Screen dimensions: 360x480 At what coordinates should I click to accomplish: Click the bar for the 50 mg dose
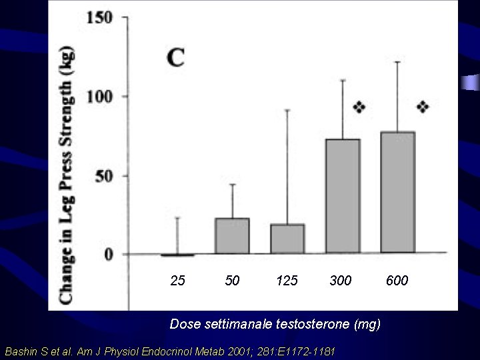232,236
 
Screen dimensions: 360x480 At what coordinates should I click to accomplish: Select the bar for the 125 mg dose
287,239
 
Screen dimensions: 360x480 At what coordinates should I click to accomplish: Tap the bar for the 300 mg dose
342,197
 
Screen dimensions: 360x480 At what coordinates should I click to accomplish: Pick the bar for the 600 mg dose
397,193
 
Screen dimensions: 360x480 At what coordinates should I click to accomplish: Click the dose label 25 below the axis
177,280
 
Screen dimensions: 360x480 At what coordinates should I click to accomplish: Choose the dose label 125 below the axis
287,280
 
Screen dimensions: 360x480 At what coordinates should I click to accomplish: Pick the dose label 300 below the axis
341,280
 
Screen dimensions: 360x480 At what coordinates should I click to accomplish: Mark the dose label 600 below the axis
397,280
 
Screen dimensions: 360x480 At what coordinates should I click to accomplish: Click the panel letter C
176,57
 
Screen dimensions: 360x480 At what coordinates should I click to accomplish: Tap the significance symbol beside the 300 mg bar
359,107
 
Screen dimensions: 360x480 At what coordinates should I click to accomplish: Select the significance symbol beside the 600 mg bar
423,106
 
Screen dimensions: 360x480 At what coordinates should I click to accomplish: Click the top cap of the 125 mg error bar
287,110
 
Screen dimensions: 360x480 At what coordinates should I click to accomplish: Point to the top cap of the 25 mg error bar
177,217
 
